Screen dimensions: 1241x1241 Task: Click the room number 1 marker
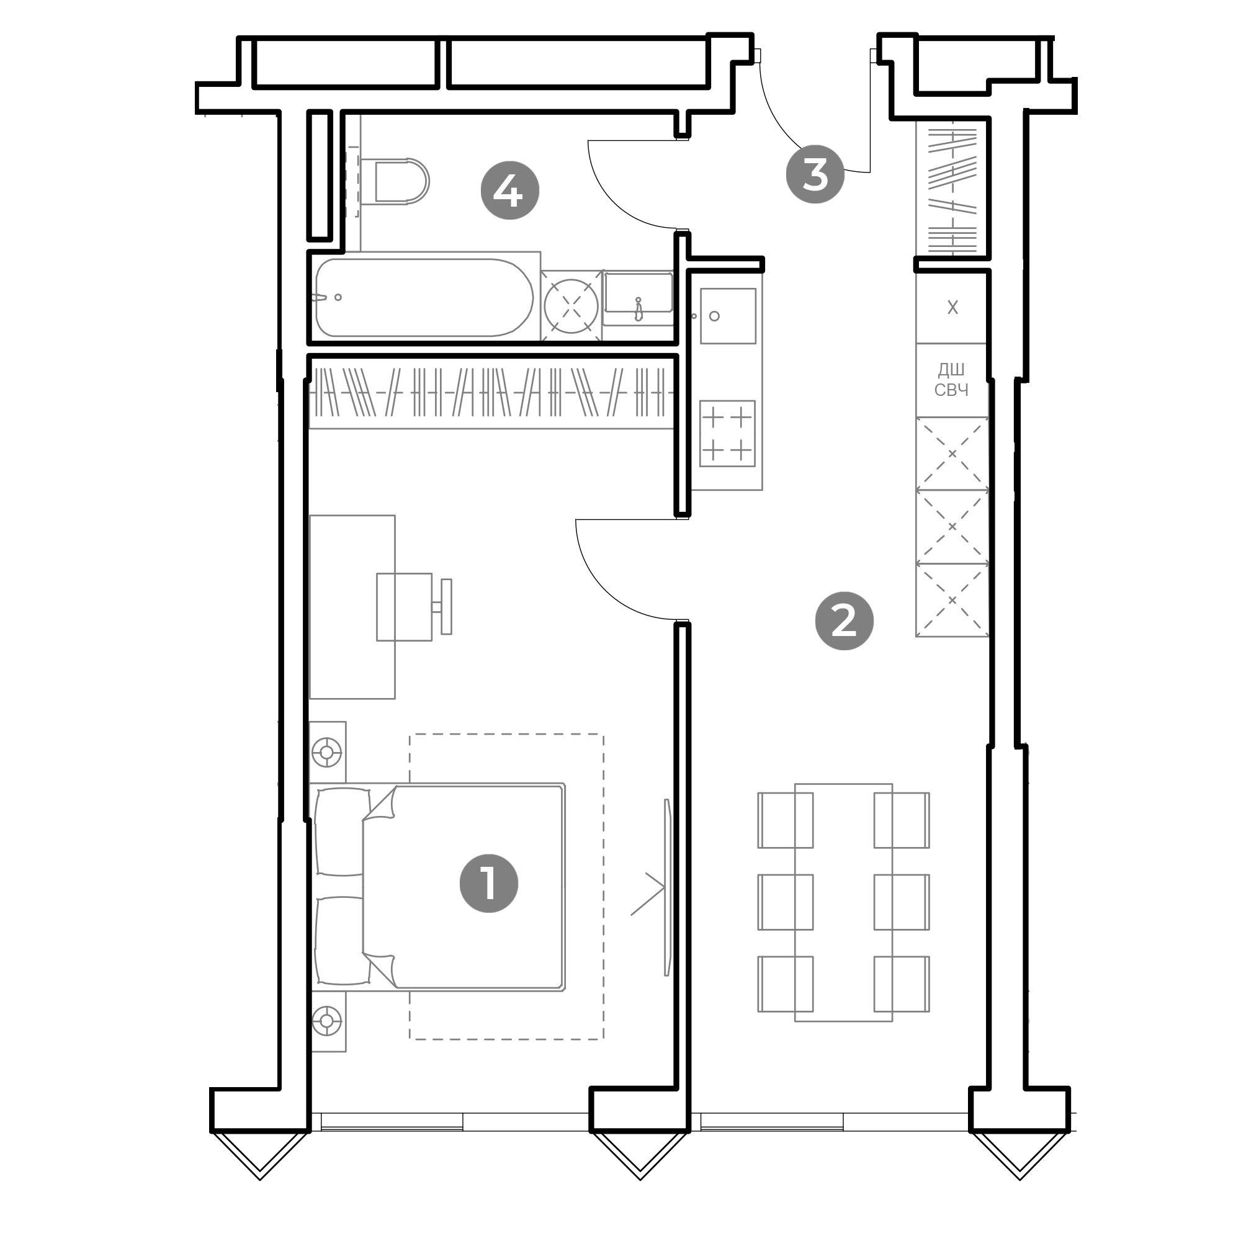click(489, 883)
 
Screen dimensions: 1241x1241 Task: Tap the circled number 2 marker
click(844, 620)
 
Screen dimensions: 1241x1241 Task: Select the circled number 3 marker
click(815, 174)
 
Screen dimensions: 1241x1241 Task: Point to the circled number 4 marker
click(510, 190)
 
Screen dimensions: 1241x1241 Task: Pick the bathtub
click(424, 297)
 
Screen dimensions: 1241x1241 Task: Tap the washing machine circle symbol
click(571, 306)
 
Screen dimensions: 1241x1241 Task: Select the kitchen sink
click(728, 316)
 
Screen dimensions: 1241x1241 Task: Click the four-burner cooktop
click(727, 434)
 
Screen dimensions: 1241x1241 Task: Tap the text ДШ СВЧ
click(951, 380)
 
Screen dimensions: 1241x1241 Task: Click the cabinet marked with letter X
click(952, 307)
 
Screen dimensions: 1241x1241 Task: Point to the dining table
click(843, 902)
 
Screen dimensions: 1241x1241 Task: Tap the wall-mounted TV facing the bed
click(668, 887)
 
